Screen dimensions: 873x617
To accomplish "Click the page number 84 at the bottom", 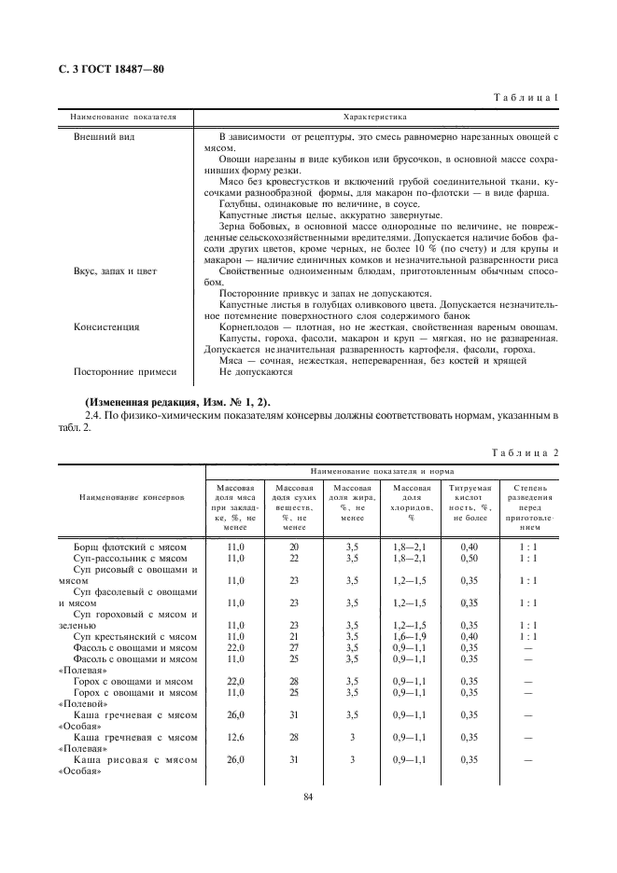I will tap(307, 796).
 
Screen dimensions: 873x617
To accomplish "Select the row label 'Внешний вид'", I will tap(99, 137).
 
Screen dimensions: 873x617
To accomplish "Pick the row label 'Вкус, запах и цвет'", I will tap(116, 270).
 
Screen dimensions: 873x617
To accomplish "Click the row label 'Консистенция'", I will tap(106, 327).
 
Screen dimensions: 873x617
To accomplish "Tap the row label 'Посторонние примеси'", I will tap(124, 372).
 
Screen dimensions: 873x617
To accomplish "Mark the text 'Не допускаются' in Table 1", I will tap(255, 372).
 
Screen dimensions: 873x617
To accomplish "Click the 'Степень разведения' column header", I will tap(530, 505).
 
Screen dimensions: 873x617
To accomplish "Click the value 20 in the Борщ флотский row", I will tap(294, 547).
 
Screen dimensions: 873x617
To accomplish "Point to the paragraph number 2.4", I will tap(92, 414).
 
